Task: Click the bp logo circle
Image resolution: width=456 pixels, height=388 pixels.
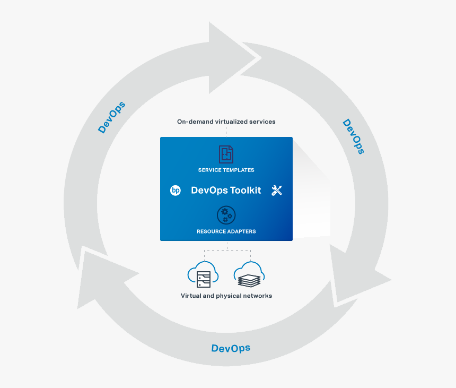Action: coord(176,191)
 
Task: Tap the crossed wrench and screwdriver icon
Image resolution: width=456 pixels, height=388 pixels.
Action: coord(277,191)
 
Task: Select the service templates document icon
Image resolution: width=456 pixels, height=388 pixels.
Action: coord(226,154)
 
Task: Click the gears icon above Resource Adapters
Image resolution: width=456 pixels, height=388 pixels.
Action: coord(226,215)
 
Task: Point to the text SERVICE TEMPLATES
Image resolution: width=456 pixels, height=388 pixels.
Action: coord(226,170)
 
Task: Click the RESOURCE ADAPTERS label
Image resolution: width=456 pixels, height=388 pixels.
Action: coord(226,231)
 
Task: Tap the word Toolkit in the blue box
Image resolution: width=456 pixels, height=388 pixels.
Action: coord(245,191)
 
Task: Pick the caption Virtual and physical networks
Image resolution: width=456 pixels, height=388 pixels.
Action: coord(226,296)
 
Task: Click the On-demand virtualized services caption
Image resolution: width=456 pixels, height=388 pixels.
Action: coord(226,122)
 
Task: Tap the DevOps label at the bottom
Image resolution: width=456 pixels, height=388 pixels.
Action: coord(231,348)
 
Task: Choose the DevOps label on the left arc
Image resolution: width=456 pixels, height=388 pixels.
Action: coord(112,117)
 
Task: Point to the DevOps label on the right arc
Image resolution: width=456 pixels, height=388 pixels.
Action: coord(353,136)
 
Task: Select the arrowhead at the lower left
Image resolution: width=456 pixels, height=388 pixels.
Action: coord(101,276)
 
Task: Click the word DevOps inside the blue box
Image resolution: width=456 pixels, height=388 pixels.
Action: coord(209,191)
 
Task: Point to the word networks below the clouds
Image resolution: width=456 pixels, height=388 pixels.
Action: coord(258,296)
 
